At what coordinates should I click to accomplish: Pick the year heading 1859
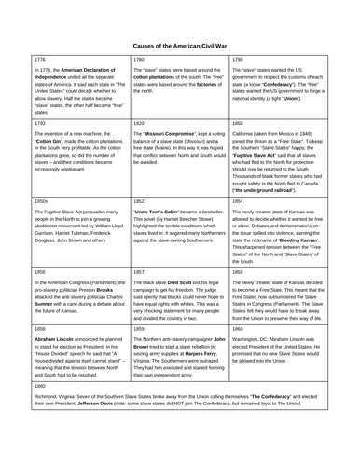(x=130, y=381)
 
